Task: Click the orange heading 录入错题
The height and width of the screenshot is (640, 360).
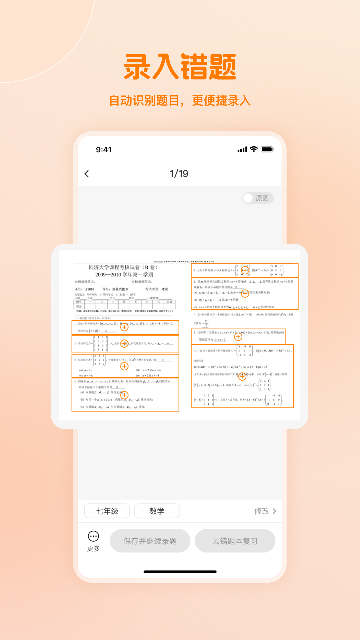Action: pos(180,67)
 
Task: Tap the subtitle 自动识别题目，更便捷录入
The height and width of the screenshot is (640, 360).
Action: pos(180,101)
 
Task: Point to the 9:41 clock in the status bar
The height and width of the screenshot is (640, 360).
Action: pos(104,149)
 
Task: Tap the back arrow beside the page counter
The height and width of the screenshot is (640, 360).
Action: pos(87,174)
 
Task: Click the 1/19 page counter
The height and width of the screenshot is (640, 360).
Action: pos(180,174)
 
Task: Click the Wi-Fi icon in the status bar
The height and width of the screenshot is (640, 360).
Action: pos(254,149)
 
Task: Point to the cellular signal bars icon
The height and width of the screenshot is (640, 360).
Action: pos(241,149)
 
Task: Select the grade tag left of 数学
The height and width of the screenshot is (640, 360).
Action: pos(106,511)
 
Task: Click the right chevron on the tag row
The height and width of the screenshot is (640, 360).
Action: pos(274,511)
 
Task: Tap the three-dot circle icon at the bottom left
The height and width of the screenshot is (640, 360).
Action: pos(94,537)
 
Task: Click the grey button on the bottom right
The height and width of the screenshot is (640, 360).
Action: pos(234,541)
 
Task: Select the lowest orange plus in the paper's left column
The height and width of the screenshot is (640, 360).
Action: pos(125,395)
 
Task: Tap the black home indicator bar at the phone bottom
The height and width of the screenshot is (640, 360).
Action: pos(180,574)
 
